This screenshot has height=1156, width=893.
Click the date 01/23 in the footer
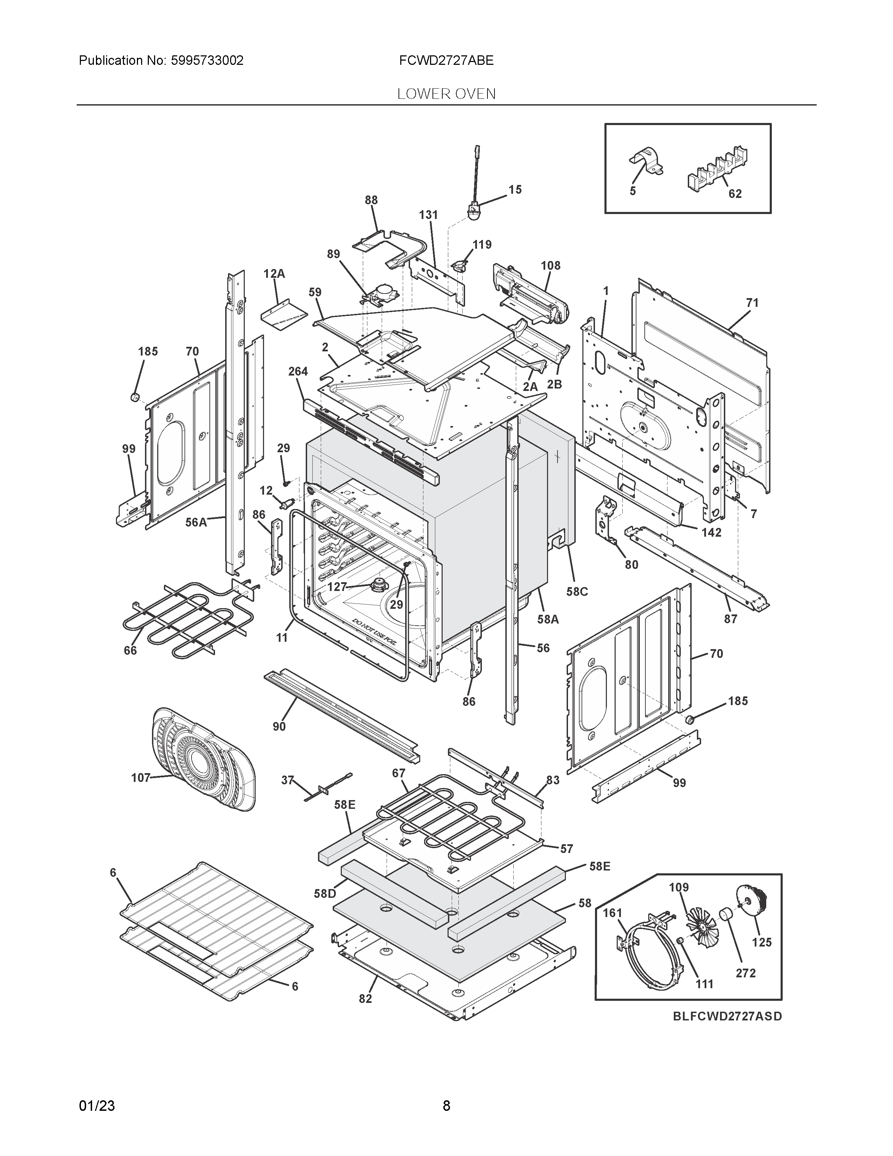97,1106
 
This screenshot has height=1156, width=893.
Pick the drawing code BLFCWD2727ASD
727,1016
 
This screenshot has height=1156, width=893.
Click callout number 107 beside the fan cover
141,778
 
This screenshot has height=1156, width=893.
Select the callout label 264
298,372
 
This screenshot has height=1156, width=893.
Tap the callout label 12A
274,274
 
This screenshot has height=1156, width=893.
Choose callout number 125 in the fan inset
762,942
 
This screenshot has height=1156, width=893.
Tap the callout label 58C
577,592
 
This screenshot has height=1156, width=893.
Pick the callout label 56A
196,522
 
